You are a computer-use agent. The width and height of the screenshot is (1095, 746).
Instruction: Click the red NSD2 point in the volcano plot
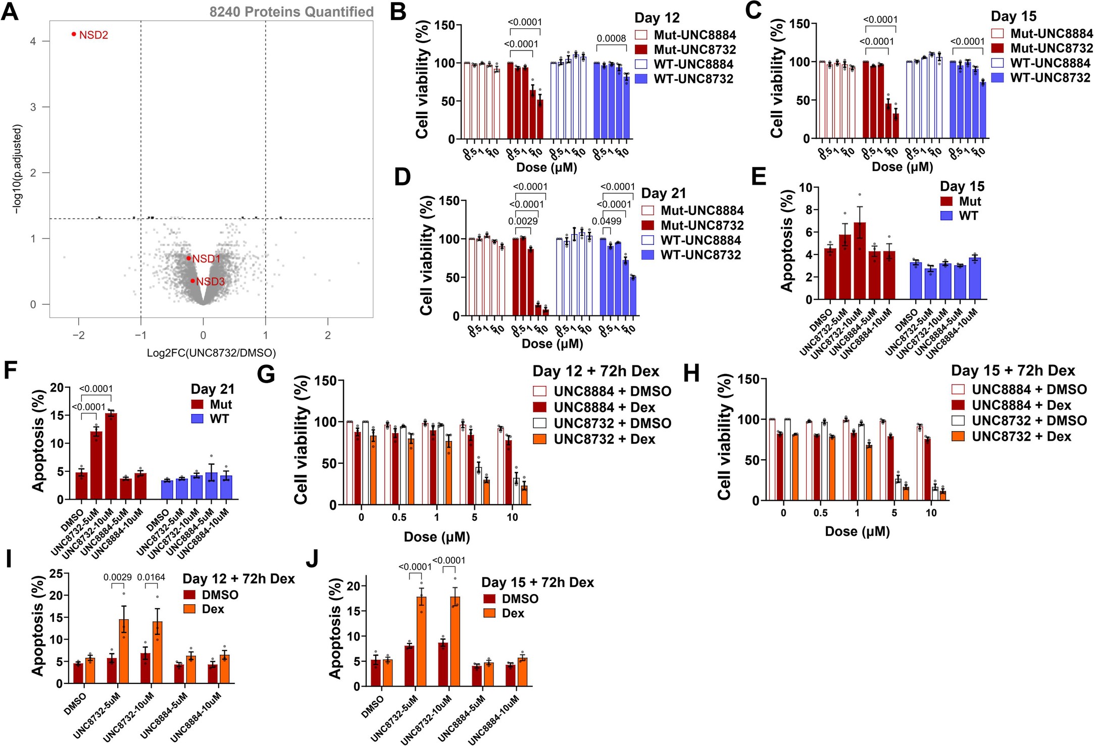(74, 34)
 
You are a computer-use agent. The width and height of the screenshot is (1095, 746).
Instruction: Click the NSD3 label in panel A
(210, 282)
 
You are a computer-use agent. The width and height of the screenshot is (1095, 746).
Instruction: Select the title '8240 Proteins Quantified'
(291, 12)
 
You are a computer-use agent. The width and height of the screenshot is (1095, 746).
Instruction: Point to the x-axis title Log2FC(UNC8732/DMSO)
(211, 353)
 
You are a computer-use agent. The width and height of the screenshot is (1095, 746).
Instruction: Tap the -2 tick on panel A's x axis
(78, 335)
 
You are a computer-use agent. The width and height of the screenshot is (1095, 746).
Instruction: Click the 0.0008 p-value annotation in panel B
(611, 38)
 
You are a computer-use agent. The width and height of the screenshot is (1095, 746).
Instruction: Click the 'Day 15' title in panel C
(1013, 16)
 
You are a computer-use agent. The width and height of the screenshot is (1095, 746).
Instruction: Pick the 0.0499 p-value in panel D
(607, 221)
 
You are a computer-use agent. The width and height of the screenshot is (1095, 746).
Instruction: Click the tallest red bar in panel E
(859, 262)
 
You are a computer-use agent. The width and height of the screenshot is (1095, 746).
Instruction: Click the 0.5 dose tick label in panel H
(820, 513)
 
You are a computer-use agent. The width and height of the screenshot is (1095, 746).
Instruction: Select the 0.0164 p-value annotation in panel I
(151, 577)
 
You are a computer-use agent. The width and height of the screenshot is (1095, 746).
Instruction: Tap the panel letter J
(313, 559)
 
